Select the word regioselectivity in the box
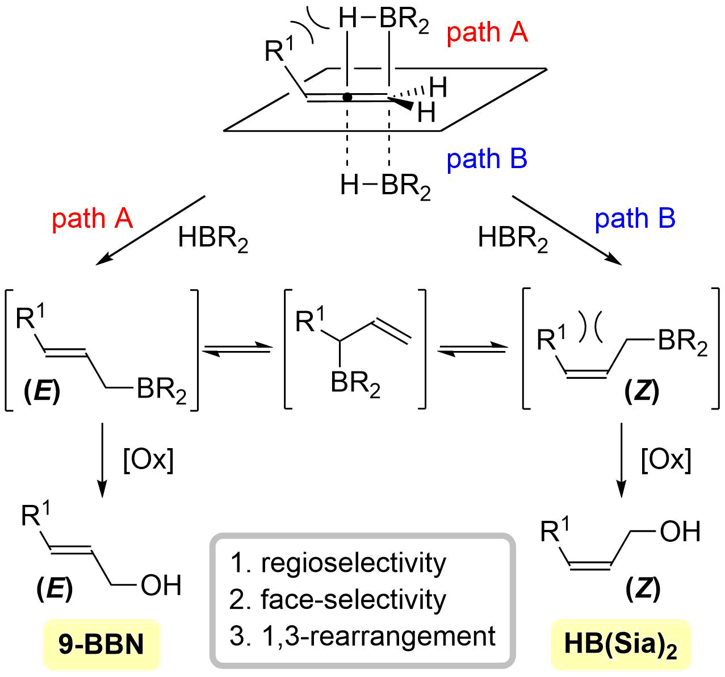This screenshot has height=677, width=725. [x=353, y=563]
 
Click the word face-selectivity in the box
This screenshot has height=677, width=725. [x=353, y=600]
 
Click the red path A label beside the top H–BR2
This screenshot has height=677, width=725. [x=487, y=32]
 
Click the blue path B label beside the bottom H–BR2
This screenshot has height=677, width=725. [x=487, y=159]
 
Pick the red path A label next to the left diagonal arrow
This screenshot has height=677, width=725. [x=92, y=219]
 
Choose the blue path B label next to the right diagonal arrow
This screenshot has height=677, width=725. [x=635, y=219]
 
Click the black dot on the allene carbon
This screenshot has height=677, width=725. [x=347, y=97]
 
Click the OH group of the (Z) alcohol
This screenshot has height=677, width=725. [x=680, y=532]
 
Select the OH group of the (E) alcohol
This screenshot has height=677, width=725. [x=161, y=586]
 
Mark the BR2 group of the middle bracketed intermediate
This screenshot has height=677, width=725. [x=356, y=385]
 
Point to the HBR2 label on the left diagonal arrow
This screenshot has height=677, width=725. [x=213, y=239]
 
